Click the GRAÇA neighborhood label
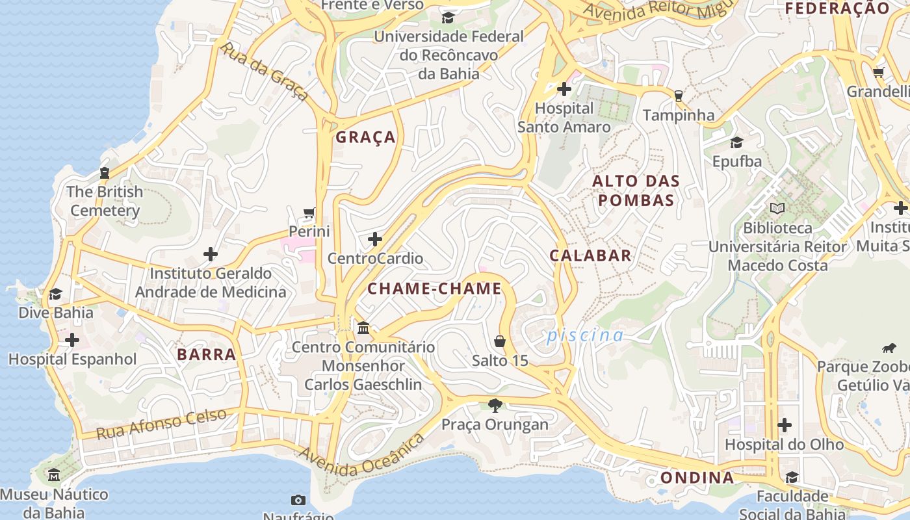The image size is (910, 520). tap(365, 137)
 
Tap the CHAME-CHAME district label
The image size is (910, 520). tap(434, 289)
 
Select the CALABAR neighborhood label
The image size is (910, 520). tap(590, 255)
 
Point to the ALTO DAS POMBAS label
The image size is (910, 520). tap(636, 190)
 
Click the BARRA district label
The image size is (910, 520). tap(206, 355)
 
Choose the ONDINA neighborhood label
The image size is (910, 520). tap(697, 478)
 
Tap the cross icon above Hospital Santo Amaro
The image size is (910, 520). tap(564, 89)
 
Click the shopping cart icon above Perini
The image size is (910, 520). tap(309, 213)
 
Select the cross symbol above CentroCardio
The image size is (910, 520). tap(375, 239)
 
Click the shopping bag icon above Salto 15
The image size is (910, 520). tap(500, 341)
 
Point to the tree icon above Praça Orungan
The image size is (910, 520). tap(495, 406)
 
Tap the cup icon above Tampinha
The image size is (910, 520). tap(679, 96)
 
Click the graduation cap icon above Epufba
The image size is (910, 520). tap(736, 142)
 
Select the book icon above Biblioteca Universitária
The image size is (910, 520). tap(777, 209)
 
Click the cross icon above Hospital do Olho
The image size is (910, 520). tap(785, 426)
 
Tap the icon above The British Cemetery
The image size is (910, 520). tap(105, 173)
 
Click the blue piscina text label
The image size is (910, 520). tap(584, 335)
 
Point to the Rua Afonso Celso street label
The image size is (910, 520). tap(162, 424)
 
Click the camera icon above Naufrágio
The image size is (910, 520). tap(298, 500)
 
